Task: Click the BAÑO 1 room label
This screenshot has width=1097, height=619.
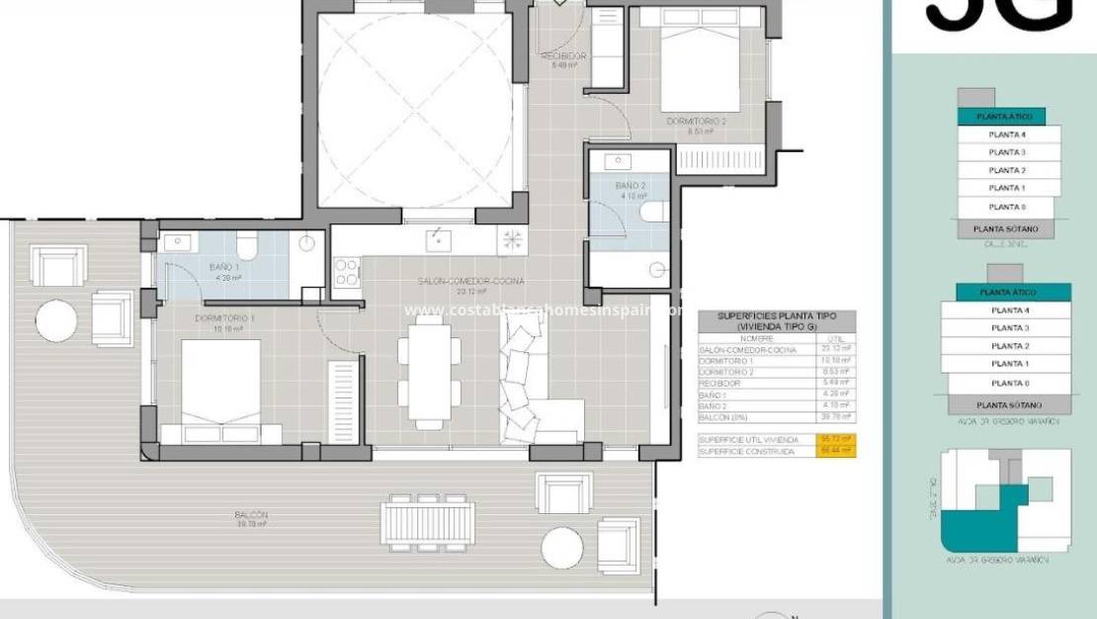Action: (223, 268)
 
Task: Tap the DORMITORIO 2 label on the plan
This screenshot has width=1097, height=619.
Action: (696, 122)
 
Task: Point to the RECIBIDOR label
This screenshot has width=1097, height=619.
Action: (563, 56)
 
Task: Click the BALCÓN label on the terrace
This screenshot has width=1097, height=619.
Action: (251, 515)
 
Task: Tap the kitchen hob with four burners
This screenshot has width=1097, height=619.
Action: (347, 272)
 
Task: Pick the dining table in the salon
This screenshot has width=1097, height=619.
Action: (429, 374)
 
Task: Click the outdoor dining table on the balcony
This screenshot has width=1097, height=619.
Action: (428, 521)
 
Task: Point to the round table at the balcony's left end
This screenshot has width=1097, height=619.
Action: (57, 320)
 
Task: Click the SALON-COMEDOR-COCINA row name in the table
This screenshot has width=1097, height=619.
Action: (735, 349)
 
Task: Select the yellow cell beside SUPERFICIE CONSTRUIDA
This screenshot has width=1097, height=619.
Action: (835, 452)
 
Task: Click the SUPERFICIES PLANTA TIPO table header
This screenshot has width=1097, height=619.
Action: (776, 320)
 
